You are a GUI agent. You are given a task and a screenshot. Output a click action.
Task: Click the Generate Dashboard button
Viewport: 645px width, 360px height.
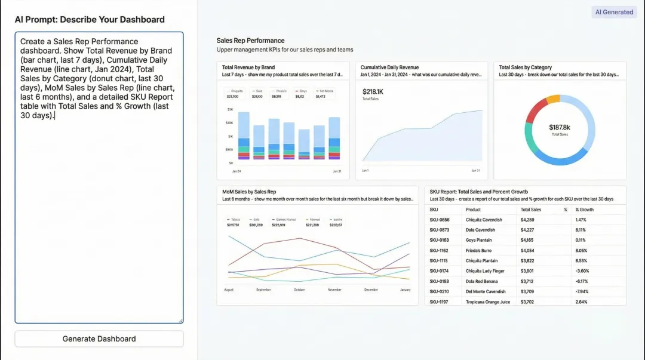coord(99,339)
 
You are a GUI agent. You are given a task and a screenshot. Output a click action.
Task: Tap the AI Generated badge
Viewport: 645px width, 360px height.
coord(614,12)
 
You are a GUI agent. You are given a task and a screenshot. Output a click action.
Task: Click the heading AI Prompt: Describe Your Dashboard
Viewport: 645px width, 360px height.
coord(90,20)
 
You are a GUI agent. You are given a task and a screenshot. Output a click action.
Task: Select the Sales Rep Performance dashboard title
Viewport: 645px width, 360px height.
coord(250,41)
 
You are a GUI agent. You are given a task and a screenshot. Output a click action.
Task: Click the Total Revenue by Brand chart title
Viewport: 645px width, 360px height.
coord(248,67)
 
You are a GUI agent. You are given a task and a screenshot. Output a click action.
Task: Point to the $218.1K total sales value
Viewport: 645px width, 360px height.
coord(373,91)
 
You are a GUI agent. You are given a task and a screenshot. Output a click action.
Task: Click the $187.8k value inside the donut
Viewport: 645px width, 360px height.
coord(560,127)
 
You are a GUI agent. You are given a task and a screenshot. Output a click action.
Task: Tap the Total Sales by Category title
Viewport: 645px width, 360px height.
coord(525,67)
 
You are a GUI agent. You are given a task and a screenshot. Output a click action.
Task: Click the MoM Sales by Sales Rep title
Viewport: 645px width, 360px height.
coord(249,192)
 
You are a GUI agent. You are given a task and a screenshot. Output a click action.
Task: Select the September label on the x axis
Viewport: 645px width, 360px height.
coord(263,290)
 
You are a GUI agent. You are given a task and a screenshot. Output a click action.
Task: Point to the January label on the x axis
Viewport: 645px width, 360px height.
coord(405,290)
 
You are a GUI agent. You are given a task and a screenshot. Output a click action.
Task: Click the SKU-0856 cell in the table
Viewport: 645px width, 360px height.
coord(440,220)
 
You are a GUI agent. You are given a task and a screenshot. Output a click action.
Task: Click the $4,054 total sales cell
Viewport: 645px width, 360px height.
coord(527,251)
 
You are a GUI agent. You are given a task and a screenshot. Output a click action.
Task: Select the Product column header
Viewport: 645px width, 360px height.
coord(473,210)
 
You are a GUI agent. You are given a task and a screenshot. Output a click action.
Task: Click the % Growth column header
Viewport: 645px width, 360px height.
coord(584,210)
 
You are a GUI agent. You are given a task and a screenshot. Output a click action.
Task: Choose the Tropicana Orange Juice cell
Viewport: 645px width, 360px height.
coord(488,302)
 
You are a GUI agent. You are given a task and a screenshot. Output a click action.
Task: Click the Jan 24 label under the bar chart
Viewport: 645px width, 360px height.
coord(236,171)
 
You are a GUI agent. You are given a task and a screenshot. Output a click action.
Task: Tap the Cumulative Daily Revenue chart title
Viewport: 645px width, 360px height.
coord(389,67)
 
